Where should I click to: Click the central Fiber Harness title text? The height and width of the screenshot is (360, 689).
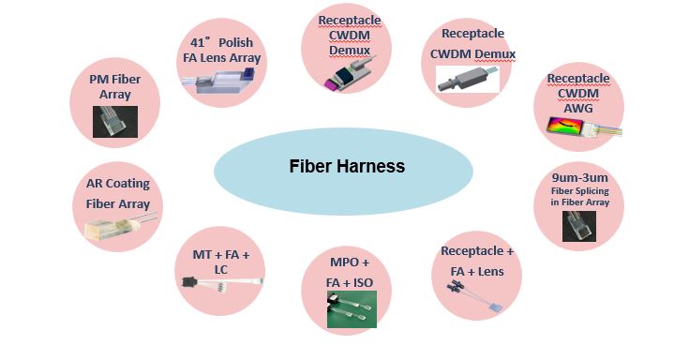[346, 167]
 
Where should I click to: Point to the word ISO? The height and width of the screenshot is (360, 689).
[372, 283]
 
